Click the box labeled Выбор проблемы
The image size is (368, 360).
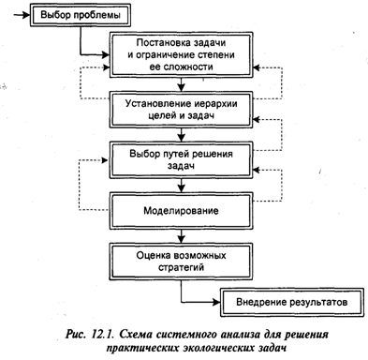point(80,15)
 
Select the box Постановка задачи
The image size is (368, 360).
point(181,55)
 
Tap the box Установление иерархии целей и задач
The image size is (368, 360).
point(181,110)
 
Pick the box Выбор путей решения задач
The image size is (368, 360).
point(181,159)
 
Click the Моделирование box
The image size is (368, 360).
point(181,211)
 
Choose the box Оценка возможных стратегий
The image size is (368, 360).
point(181,262)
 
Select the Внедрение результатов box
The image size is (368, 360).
point(292,302)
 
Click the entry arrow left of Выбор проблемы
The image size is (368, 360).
point(22,15)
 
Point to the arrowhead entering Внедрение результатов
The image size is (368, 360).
point(216,302)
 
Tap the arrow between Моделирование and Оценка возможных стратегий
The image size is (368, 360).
point(181,236)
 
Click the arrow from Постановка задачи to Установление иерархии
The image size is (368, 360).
point(181,84)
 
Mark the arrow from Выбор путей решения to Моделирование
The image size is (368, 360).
point(181,185)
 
